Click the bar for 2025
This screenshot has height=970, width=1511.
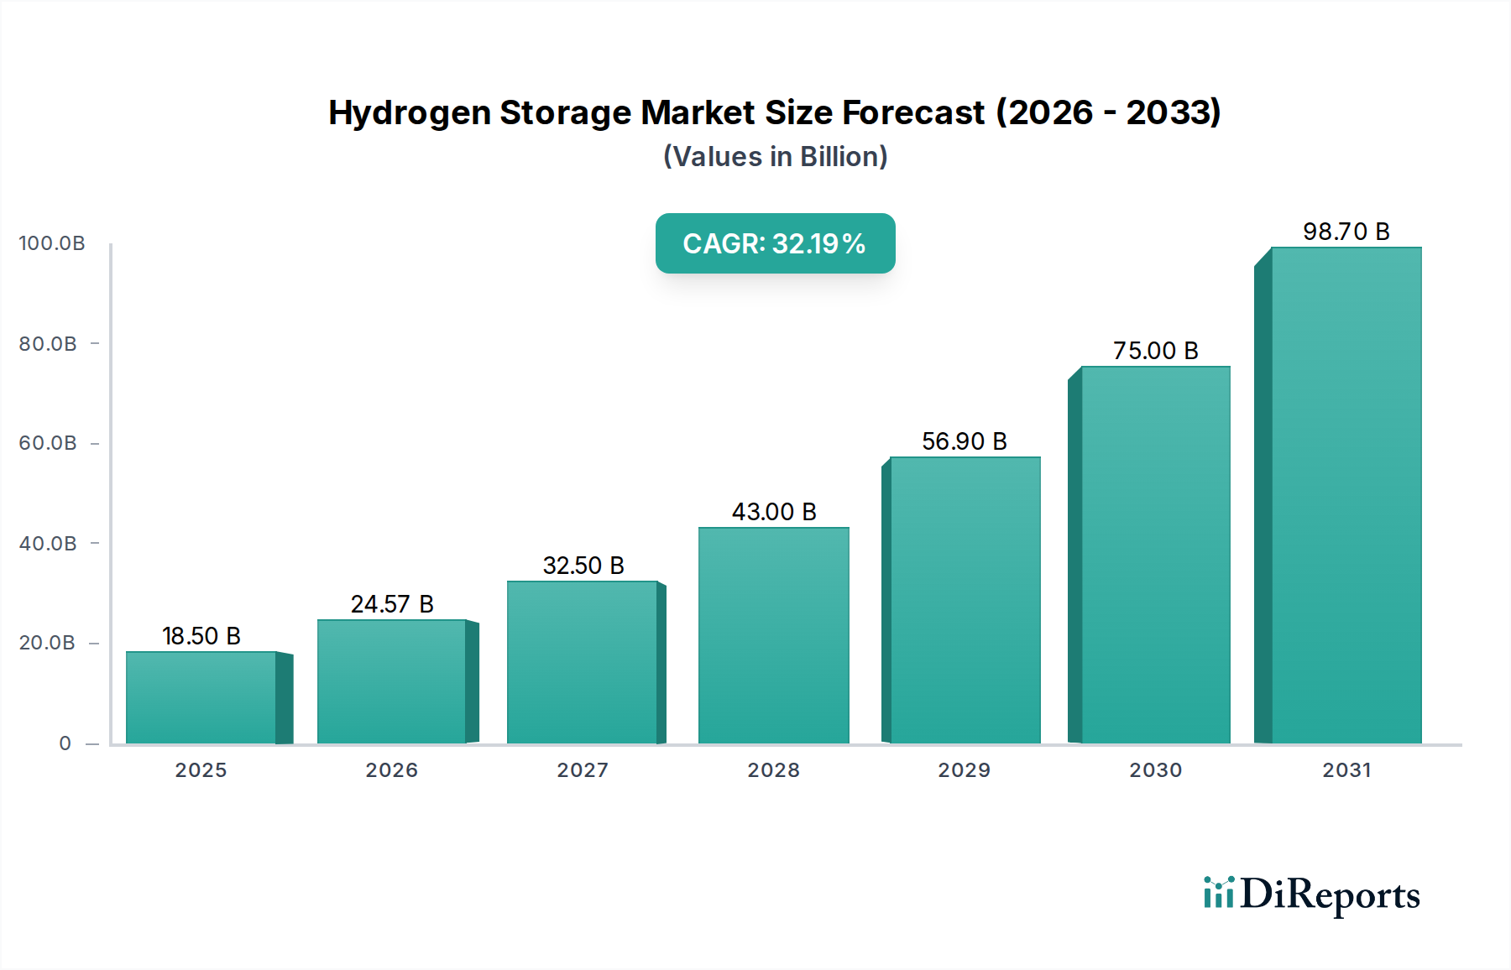(201, 697)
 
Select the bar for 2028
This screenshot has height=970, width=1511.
(773, 635)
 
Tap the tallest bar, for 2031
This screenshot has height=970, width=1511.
(1346, 495)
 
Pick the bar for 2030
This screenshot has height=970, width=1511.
(1155, 555)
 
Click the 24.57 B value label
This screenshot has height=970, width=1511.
(392, 604)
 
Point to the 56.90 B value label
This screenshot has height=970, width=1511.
(964, 441)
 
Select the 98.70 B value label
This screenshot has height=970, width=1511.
(1346, 232)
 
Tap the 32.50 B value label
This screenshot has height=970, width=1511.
(583, 566)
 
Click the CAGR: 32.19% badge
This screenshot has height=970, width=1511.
(775, 243)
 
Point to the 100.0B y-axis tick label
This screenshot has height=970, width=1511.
(52, 243)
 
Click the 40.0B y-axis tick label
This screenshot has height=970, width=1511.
(48, 544)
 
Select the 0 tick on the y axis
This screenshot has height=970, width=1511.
(65, 743)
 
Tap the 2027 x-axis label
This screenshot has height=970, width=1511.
(583, 770)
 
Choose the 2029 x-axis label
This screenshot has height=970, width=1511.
(964, 770)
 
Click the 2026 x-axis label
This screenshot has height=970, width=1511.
(391, 770)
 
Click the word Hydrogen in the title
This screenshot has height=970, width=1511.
(409, 113)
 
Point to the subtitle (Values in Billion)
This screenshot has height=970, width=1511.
(775, 157)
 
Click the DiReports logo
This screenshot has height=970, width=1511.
(1311, 894)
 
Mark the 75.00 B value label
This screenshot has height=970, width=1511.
(1155, 351)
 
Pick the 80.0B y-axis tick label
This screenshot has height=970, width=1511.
(48, 344)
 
